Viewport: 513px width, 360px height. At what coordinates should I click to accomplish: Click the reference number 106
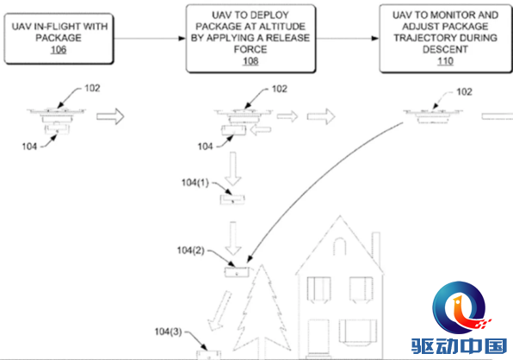tap(59, 50)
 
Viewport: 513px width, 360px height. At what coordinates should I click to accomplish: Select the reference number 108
tap(250, 61)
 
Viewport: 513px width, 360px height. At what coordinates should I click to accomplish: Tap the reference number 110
tap(445, 61)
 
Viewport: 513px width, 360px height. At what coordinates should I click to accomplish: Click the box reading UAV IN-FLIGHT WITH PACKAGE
tap(59, 39)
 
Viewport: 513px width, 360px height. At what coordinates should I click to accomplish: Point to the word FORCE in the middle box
tap(250, 49)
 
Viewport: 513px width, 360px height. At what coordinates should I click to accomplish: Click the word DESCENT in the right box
tap(445, 49)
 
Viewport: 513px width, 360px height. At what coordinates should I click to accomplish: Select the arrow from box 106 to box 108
tap(150, 39)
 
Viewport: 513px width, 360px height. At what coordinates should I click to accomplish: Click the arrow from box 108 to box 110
tap(348, 39)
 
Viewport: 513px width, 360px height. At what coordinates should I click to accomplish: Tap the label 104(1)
tap(195, 183)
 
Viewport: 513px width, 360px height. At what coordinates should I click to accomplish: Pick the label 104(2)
tap(190, 251)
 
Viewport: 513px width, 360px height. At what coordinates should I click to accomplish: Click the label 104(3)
tap(168, 332)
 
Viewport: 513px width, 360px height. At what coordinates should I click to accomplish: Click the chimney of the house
tap(376, 249)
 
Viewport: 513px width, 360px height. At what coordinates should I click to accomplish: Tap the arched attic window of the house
tap(340, 246)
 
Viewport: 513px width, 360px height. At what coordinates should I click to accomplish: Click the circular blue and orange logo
tap(459, 307)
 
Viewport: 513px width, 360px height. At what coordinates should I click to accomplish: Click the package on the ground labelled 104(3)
tap(209, 355)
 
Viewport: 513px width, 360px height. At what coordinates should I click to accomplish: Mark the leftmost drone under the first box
tap(57, 120)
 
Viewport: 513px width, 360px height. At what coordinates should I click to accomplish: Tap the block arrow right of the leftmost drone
tap(110, 116)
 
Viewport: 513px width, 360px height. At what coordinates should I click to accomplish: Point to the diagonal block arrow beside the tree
tap(219, 311)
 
